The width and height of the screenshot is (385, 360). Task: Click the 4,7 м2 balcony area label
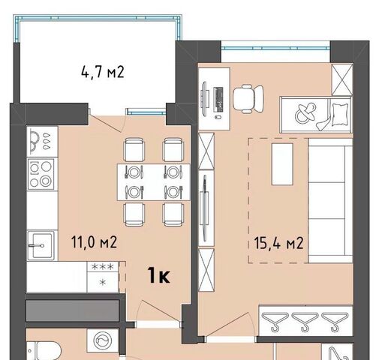click(103, 72)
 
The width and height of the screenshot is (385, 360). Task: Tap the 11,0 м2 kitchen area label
click(94, 242)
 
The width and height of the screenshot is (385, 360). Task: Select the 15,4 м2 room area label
click(278, 243)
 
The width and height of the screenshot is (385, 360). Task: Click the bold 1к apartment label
click(158, 275)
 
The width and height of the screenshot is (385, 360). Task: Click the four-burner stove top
click(41, 173)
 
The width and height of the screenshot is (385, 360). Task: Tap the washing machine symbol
click(102, 341)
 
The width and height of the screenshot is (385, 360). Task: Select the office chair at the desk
click(248, 99)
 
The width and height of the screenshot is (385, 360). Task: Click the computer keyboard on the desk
click(218, 99)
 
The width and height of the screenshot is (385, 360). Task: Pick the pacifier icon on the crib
click(305, 113)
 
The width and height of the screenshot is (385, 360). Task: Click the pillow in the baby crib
click(341, 115)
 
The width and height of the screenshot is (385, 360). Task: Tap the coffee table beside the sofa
click(282, 164)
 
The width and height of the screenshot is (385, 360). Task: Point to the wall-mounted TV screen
click(206, 208)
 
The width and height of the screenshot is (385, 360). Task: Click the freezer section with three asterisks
click(103, 266)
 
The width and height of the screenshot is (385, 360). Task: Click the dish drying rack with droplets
click(42, 142)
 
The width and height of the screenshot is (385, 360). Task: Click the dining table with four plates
click(154, 182)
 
